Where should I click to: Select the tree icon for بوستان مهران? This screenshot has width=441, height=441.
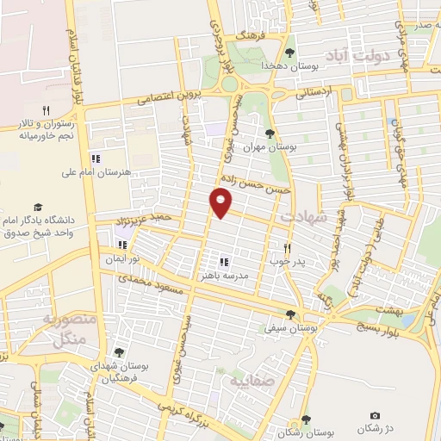[x=270, y=134]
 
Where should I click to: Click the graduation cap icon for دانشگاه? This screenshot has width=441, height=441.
[x=38, y=207]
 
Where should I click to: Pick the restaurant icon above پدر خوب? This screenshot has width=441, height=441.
[x=299, y=246]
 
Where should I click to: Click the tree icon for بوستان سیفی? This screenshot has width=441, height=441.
[x=289, y=315]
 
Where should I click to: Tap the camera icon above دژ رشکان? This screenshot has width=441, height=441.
[x=374, y=416]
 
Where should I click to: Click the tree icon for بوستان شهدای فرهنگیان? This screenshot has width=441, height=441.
[x=119, y=351]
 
